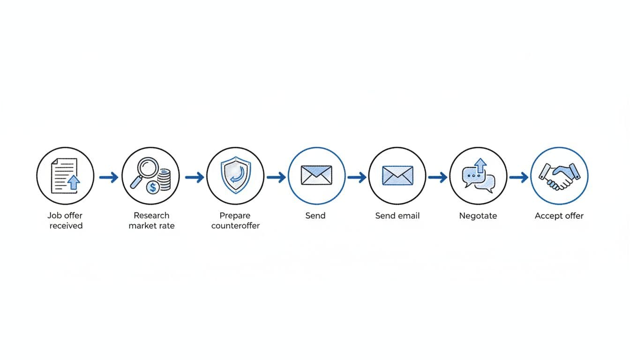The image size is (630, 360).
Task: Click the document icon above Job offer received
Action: (65, 175)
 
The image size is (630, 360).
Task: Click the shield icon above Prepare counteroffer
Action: (235, 175)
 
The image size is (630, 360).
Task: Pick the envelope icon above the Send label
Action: (316, 176)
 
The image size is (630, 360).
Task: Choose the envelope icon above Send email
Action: (397, 176)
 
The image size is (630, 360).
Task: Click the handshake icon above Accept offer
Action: (559, 176)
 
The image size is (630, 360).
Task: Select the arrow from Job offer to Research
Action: (108, 177)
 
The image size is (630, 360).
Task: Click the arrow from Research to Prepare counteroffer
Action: (194, 177)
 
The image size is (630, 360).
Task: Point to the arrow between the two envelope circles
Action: (357, 177)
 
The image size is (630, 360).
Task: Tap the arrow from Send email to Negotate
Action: (438, 177)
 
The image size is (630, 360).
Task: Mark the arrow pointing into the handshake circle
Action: (518, 177)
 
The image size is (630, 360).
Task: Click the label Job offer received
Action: (66, 220)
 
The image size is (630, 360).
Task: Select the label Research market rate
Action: (151, 220)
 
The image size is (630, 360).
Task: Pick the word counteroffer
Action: (235, 226)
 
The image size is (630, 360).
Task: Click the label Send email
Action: (397, 216)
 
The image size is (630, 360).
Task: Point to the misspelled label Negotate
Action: (478, 216)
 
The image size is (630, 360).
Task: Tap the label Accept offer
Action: (559, 216)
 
